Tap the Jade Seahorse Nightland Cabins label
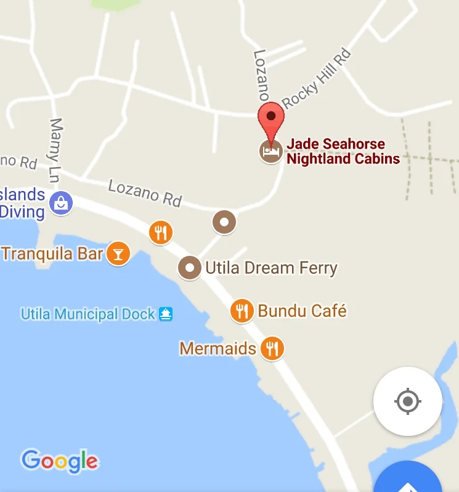point(343,152)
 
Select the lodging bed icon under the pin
point(270,150)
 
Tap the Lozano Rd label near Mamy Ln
point(145,192)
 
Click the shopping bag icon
point(61,202)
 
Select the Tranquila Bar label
point(52,253)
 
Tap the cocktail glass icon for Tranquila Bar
point(118,253)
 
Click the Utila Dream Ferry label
point(271,268)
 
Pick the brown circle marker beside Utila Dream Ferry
point(190,268)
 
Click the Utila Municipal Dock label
point(88,314)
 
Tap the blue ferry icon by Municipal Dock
point(166,314)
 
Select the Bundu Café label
point(302,311)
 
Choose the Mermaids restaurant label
point(217,348)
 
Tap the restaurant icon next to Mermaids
point(272,348)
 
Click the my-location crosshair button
point(407,401)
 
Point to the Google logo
point(59,461)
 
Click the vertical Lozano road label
point(261,75)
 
